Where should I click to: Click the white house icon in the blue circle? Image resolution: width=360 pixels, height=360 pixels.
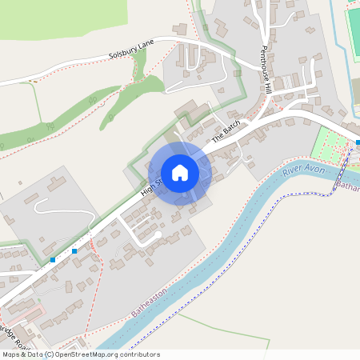pyautogui.click(x=180, y=173)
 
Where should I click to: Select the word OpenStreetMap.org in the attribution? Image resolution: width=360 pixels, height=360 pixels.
pyautogui.click(x=87, y=354)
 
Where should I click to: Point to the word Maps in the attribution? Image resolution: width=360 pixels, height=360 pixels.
pyautogui.click(x=11, y=354)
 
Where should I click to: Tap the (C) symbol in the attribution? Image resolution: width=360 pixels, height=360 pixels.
pyautogui.click(x=50, y=354)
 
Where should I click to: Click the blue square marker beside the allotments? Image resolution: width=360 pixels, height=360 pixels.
pyautogui.click(x=358, y=142)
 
